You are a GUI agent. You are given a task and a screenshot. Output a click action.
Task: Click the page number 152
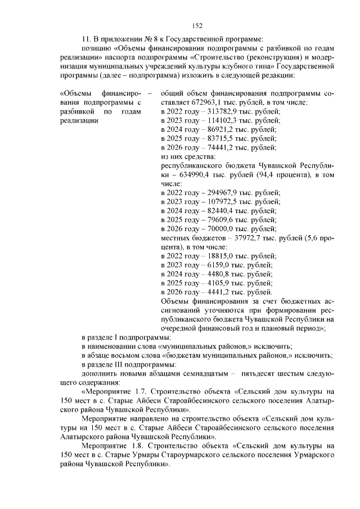pos(197,25)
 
